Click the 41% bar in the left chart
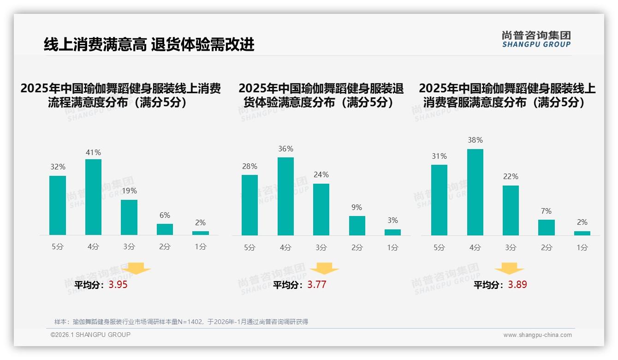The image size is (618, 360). point(93,197)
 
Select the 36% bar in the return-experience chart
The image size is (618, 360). point(285,196)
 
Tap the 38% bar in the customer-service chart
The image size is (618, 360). point(475,192)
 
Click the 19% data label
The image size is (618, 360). point(129,191)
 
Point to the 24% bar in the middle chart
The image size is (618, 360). point(321,210)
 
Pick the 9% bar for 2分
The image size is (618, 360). point(357,226)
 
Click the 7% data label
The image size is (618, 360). point(546,211)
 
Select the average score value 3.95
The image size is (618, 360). point(118,285)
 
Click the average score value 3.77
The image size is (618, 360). point(317,285)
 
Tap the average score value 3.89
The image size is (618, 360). point(517,285)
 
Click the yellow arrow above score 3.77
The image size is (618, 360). point(324,268)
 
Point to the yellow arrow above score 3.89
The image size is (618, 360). point(509,268)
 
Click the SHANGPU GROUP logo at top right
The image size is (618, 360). point(536,39)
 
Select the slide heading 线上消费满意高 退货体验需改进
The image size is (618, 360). point(149,45)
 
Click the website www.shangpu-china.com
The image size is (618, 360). point(537,335)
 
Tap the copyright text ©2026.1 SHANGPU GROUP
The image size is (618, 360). point(90,335)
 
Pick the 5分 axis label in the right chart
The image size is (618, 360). point(439,247)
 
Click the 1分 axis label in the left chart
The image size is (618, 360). point(201,247)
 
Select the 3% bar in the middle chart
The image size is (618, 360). point(392,232)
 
